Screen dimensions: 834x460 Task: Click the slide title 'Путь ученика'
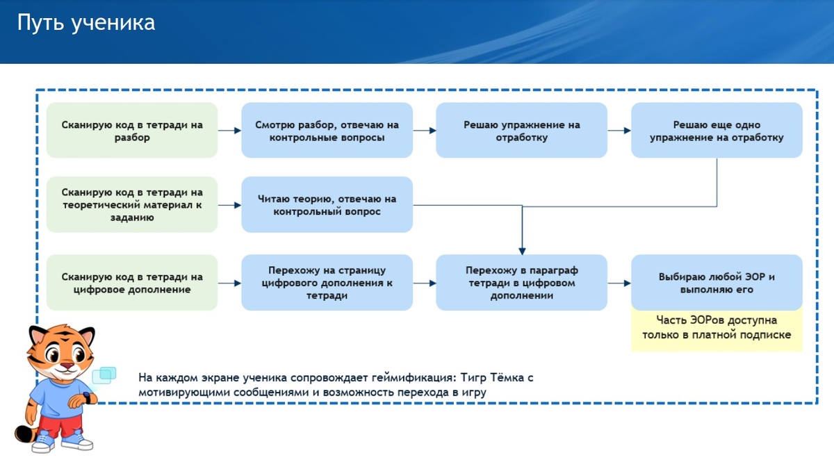pos(86,23)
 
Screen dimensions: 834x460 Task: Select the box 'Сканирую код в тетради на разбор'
pos(132,130)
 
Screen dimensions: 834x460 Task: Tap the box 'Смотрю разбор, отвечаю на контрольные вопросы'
pos(327,130)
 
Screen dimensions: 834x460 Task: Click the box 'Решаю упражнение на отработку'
pos(522,130)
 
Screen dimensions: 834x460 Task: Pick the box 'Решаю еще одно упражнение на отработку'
pos(717,130)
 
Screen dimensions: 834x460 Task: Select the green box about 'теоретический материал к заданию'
pos(132,205)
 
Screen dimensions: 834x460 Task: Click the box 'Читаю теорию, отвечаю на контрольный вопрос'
pos(327,205)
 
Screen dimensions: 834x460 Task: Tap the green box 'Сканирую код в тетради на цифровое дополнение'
pos(132,283)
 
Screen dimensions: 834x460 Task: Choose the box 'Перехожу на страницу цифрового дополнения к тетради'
pos(327,283)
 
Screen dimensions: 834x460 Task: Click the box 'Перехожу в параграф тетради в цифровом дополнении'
pos(522,283)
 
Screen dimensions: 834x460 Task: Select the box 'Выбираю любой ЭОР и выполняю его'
pos(717,283)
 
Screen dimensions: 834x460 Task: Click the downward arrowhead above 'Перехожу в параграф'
pos(522,252)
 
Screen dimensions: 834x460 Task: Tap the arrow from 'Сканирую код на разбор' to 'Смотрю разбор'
pos(229,131)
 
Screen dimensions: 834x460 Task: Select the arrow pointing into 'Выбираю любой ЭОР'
pos(619,284)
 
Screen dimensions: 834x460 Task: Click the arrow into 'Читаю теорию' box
pos(229,205)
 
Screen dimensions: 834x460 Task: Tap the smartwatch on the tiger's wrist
pos(87,398)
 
